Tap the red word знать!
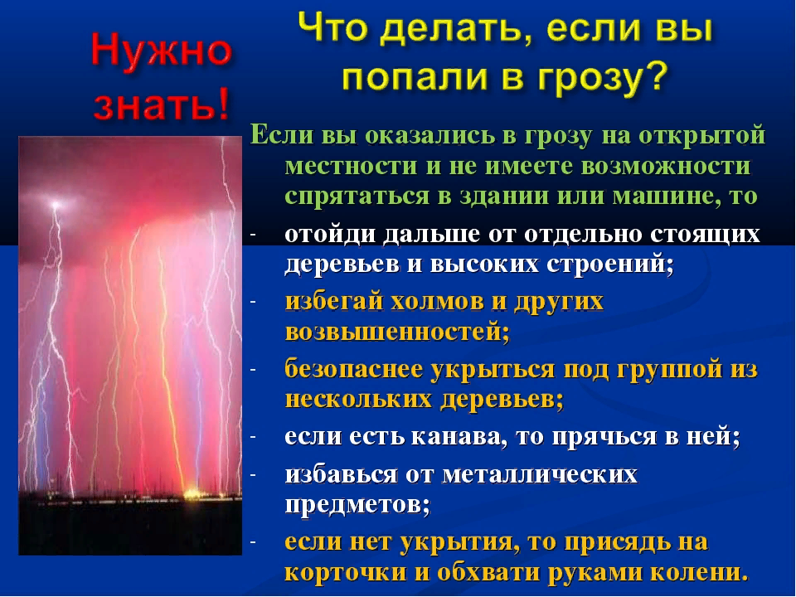point(163,105)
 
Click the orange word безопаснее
point(354,369)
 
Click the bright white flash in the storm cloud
point(56,204)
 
